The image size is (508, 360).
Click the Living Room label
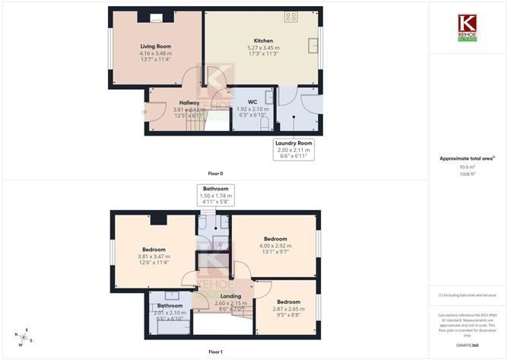(x=155, y=46)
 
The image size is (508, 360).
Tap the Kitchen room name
(x=262, y=41)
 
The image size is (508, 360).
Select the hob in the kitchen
(x=291, y=16)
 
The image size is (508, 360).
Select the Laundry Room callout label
(x=293, y=142)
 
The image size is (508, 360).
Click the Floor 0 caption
(x=215, y=174)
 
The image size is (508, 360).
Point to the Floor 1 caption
(x=215, y=351)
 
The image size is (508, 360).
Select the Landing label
(x=230, y=296)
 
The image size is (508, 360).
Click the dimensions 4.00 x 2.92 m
(x=275, y=246)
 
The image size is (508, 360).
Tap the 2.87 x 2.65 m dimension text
(x=288, y=308)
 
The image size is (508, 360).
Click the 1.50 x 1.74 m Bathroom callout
(x=215, y=196)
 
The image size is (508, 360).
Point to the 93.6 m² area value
(x=462, y=168)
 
